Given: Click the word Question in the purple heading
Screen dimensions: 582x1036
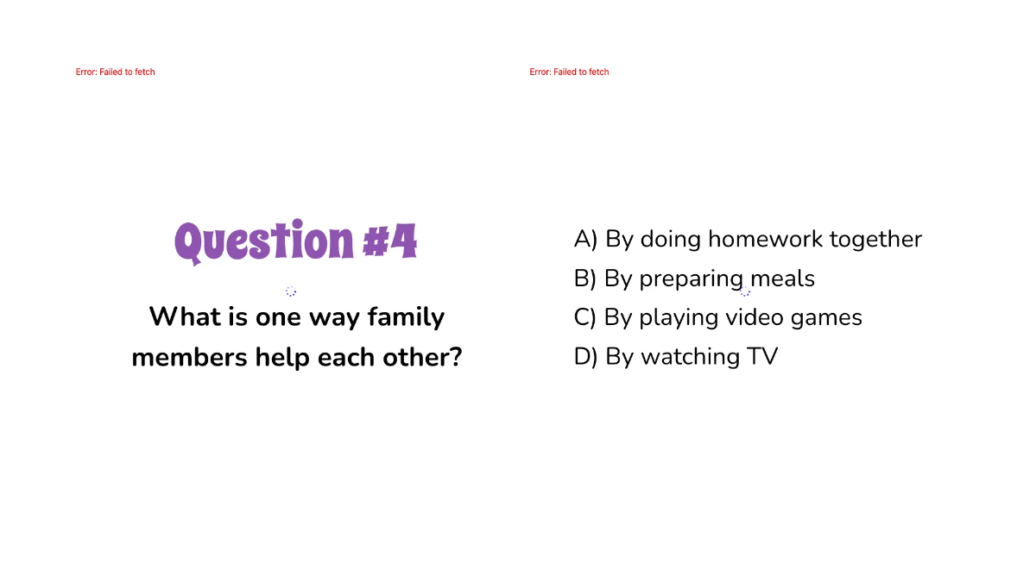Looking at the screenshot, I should tap(264, 241).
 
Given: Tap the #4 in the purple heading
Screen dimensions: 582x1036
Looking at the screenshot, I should tap(389, 241).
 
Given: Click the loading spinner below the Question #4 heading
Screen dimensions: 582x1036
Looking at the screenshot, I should tap(291, 291).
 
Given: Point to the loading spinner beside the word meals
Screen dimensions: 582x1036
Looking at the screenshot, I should tap(745, 291).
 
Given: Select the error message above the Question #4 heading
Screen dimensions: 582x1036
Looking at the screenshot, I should tap(115, 72).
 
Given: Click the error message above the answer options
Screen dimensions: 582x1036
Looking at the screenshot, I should tap(569, 72).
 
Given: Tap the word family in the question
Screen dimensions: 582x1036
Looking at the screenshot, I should tap(406, 317).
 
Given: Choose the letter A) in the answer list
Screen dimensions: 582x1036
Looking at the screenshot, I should tap(585, 239).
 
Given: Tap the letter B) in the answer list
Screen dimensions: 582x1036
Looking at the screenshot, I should tap(585, 278).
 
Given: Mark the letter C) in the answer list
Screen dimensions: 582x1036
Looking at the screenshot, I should tap(585, 317).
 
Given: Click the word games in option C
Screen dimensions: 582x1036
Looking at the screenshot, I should tap(826, 318).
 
